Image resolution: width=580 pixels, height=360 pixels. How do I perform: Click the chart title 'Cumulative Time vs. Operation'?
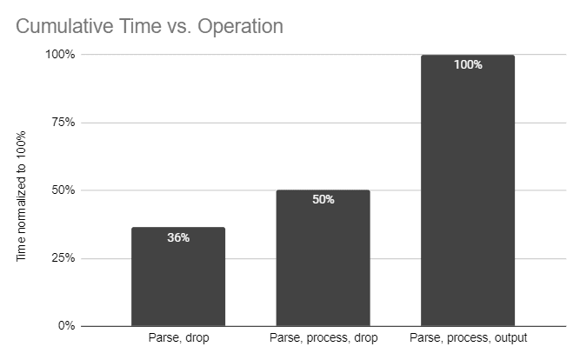tap(150, 26)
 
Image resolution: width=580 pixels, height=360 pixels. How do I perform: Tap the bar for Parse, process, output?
tap(468, 191)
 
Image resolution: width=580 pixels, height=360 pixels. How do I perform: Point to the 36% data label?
tap(178, 237)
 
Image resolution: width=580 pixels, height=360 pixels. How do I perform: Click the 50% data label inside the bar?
tap(323, 199)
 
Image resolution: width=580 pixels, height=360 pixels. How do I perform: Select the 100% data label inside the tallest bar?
tap(468, 64)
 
